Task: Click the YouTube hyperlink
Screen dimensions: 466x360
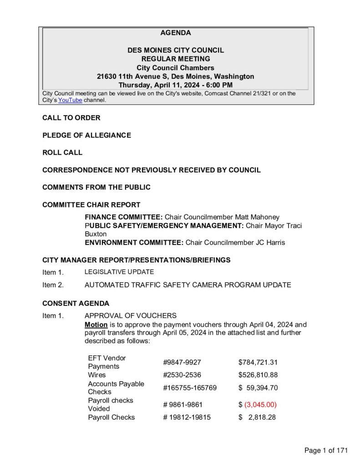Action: tap(70, 100)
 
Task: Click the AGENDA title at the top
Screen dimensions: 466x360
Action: tap(175, 33)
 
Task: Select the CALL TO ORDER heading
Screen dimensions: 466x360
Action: tap(71, 118)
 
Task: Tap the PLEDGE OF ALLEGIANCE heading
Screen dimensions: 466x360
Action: tap(86, 135)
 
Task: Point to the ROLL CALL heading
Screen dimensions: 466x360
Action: tap(62, 152)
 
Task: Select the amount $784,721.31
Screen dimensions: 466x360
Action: tap(258, 362)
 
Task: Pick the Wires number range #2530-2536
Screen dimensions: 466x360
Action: tap(182, 375)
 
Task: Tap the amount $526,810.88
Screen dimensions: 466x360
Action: tap(258, 375)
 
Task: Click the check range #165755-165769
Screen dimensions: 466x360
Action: tap(190, 388)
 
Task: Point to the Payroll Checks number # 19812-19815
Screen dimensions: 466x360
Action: tap(187, 417)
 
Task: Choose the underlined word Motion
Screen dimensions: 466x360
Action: tap(96, 325)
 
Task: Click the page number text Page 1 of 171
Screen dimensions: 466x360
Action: tap(326, 451)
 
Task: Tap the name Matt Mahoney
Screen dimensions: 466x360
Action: tap(257, 217)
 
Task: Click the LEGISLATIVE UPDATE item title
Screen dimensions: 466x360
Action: tap(119, 272)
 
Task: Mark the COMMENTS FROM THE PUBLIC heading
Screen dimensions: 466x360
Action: tap(96, 187)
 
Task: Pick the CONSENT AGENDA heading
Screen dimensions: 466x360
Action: tap(76, 303)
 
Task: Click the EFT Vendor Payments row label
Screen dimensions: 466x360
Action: tap(107, 362)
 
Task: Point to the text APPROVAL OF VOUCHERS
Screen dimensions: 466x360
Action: tap(131, 316)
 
